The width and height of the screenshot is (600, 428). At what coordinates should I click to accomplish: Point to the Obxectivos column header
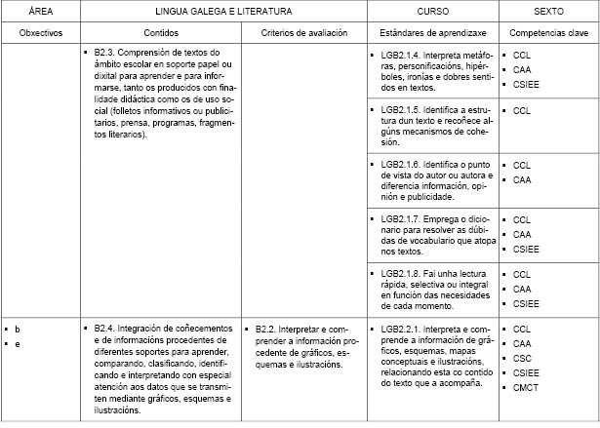click(x=41, y=32)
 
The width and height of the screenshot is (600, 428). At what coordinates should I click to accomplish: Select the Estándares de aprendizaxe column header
click(x=434, y=32)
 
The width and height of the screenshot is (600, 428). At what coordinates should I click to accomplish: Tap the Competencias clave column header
click(x=548, y=32)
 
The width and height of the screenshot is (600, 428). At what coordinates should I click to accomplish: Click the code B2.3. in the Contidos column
click(x=107, y=52)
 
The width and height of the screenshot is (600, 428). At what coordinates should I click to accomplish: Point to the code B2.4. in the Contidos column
click(x=107, y=330)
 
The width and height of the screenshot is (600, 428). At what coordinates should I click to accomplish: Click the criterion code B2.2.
click(x=268, y=330)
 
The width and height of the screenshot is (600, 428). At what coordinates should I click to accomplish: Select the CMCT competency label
click(x=525, y=387)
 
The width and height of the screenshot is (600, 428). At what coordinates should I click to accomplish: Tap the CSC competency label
click(x=522, y=358)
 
